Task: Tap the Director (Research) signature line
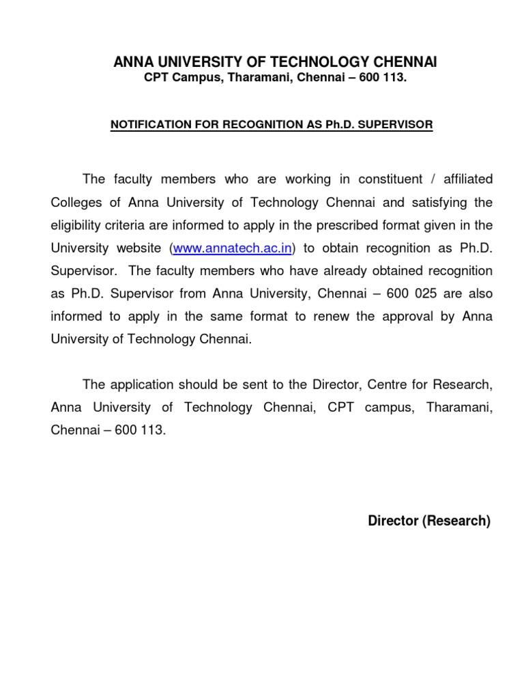[429, 521]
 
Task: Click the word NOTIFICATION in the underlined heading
[147, 126]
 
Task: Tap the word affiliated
[467, 180]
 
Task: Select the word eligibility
[77, 225]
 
